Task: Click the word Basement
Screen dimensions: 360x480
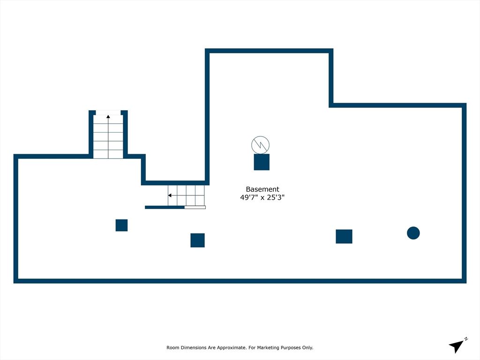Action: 262,189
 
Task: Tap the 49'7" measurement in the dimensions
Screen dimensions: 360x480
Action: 248,198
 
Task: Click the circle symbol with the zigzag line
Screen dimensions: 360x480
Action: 261,145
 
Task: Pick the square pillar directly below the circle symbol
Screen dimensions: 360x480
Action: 262,162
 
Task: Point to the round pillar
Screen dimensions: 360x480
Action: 413,233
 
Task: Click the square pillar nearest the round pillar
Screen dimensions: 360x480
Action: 344,236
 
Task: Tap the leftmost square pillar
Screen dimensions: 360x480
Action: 121,225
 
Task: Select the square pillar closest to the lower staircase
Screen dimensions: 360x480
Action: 197,240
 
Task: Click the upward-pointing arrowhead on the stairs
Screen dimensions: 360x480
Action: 108,116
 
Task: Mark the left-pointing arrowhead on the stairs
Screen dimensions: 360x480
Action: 170,195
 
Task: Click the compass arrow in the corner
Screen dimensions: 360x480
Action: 456,346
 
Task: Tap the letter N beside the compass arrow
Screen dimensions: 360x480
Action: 466,338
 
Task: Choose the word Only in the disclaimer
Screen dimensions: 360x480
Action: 307,348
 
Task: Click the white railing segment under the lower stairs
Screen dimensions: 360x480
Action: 195,207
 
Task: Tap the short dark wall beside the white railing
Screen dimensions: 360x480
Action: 165,207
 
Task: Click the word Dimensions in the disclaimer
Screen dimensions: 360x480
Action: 196,348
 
